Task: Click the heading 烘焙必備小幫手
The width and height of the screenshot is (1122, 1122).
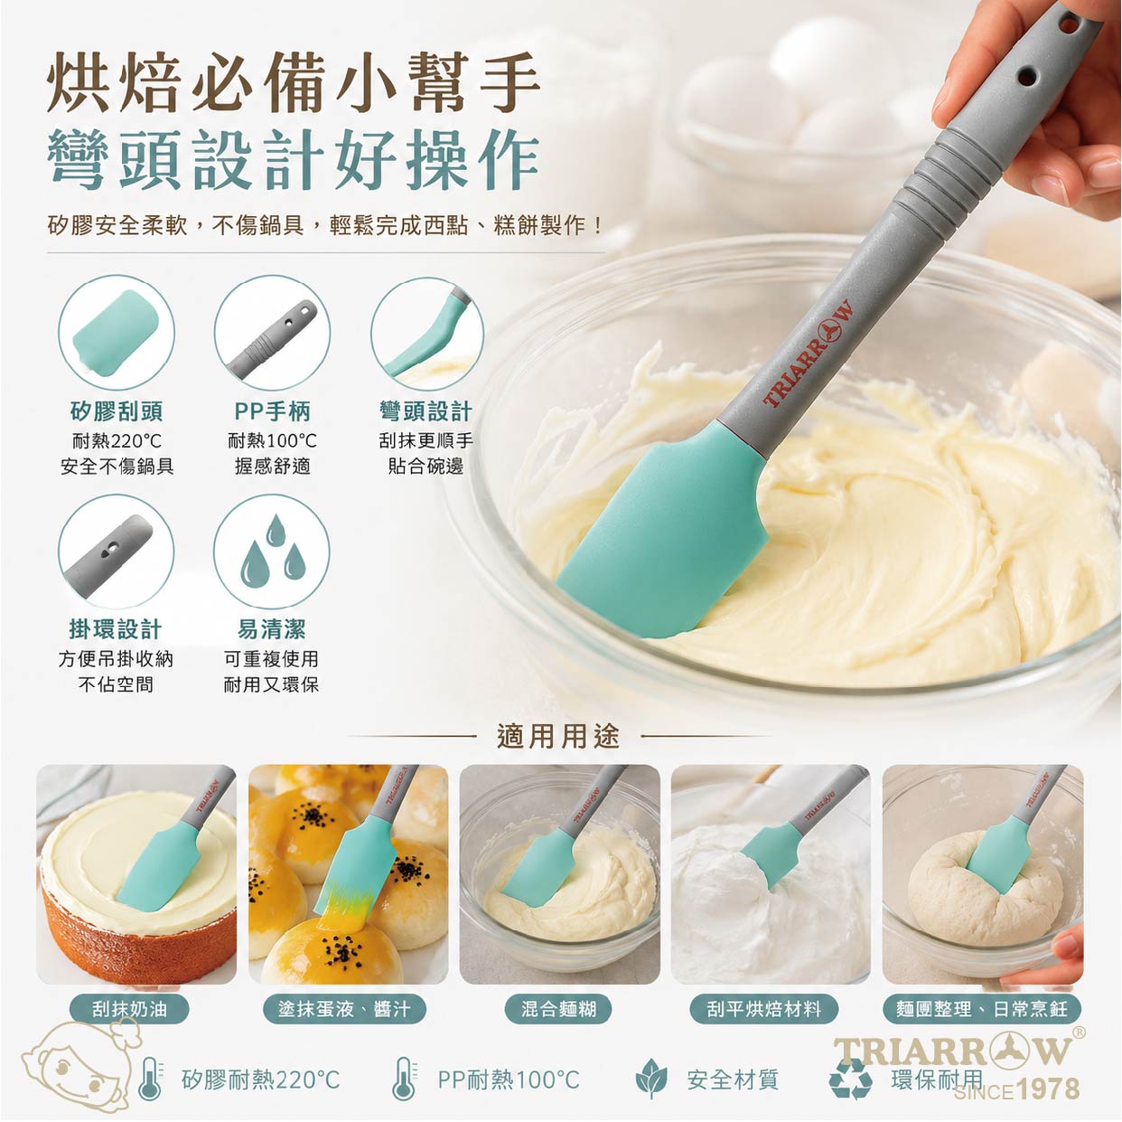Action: (x=294, y=82)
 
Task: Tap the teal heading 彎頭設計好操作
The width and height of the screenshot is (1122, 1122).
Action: (x=294, y=158)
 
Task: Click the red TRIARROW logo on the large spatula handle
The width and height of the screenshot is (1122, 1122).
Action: (x=809, y=354)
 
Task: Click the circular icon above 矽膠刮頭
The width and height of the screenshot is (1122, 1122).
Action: (x=117, y=333)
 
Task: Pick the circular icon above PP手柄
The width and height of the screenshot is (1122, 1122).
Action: (x=272, y=333)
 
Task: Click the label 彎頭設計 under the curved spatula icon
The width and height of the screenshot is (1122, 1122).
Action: (x=425, y=411)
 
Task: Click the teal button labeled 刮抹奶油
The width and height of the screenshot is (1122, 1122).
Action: (x=129, y=1009)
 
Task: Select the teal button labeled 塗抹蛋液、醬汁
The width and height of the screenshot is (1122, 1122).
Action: (x=344, y=1009)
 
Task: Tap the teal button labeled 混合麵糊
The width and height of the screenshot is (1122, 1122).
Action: (x=558, y=1009)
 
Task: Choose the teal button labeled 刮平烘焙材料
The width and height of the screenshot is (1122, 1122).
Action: (x=764, y=1009)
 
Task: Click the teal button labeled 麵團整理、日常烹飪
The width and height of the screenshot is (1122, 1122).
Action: (x=982, y=1009)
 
